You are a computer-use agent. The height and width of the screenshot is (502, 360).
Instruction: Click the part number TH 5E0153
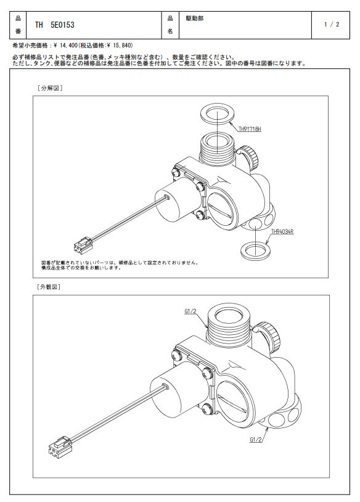(54, 25)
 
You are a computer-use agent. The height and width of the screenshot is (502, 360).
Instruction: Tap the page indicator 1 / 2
(331, 24)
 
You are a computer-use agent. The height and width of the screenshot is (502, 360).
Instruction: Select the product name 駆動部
(195, 19)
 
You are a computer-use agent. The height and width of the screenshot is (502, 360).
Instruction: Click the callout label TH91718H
(250, 129)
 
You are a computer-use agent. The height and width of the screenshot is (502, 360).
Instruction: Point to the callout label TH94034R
(282, 231)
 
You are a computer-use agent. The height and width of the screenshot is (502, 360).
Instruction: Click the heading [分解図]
(50, 88)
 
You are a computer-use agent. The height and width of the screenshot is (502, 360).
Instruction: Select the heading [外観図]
(49, 287)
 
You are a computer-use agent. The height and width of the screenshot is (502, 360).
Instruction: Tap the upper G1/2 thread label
(190, 311)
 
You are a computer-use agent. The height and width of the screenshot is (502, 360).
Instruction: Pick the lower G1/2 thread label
(256, 440)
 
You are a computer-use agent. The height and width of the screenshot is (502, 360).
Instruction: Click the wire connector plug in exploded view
(83, 245)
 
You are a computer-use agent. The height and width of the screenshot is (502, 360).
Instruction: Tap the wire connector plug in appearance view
(59, 446)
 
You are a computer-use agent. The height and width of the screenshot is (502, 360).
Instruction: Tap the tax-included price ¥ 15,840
(121, 46)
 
